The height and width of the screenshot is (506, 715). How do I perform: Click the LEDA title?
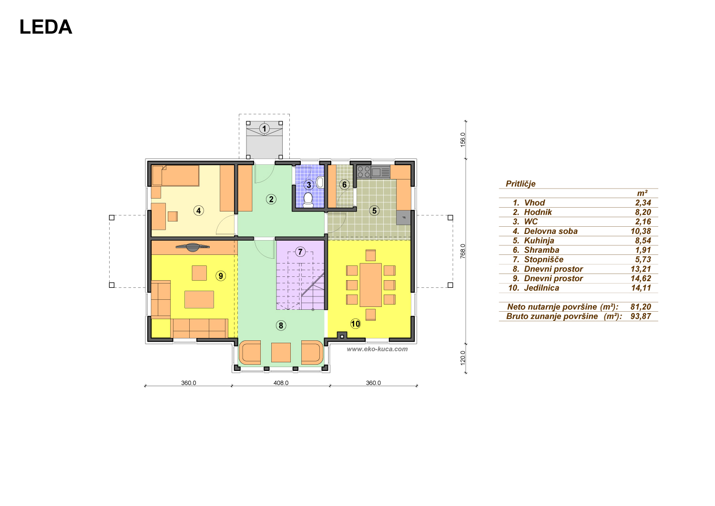point(46,27)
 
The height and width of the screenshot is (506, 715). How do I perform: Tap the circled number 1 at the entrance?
point(264,129)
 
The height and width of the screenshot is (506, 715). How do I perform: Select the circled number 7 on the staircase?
point(300,252)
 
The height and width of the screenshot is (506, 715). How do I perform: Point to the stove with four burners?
point(364,172)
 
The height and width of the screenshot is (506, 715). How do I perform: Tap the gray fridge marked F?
point(403,218)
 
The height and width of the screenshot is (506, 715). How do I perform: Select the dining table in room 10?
point(370,285)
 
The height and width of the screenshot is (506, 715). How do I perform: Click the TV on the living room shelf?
point(193,247)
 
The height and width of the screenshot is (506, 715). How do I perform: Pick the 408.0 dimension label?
point(281,383)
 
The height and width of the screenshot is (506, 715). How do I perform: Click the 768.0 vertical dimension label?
point(463,251)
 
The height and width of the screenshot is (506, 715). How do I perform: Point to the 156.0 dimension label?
point(463,140)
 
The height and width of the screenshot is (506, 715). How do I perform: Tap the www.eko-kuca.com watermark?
point(377,349)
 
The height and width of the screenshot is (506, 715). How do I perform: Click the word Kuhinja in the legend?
point(539,241)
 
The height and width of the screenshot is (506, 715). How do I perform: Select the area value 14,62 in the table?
point(641,278)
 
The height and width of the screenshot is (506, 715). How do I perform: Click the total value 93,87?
point(641,316)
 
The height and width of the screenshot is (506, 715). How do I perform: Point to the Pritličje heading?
point(521,184)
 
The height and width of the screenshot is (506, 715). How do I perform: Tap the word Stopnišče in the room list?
point(543,260)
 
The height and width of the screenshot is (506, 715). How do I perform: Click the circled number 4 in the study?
point(199,211)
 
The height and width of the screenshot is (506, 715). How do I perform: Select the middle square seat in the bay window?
point(281,353)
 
